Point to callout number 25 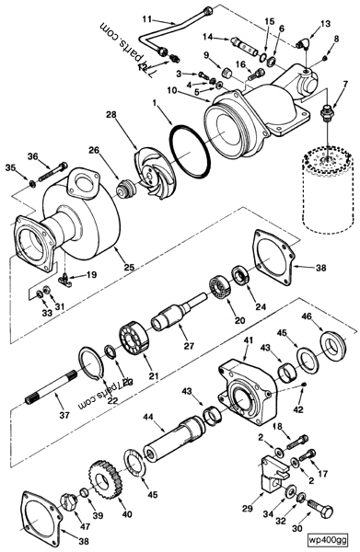tap(128, 268)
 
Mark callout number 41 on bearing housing tap(246, 341)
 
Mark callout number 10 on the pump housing tap(172, 89)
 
